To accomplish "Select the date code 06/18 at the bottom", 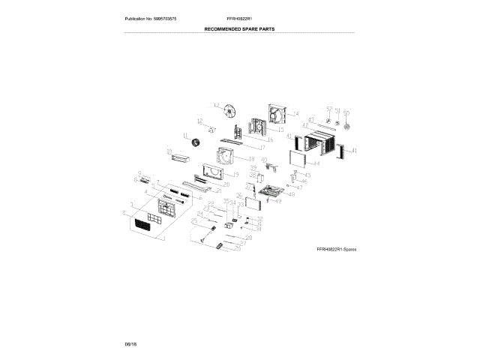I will click(x=130, y=343).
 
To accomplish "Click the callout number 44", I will click(x=316, y=163).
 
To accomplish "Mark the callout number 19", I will click(x=235, y=174).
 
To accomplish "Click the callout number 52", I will click(x=328, y=109).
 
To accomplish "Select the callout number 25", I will click(x=193, y=221).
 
